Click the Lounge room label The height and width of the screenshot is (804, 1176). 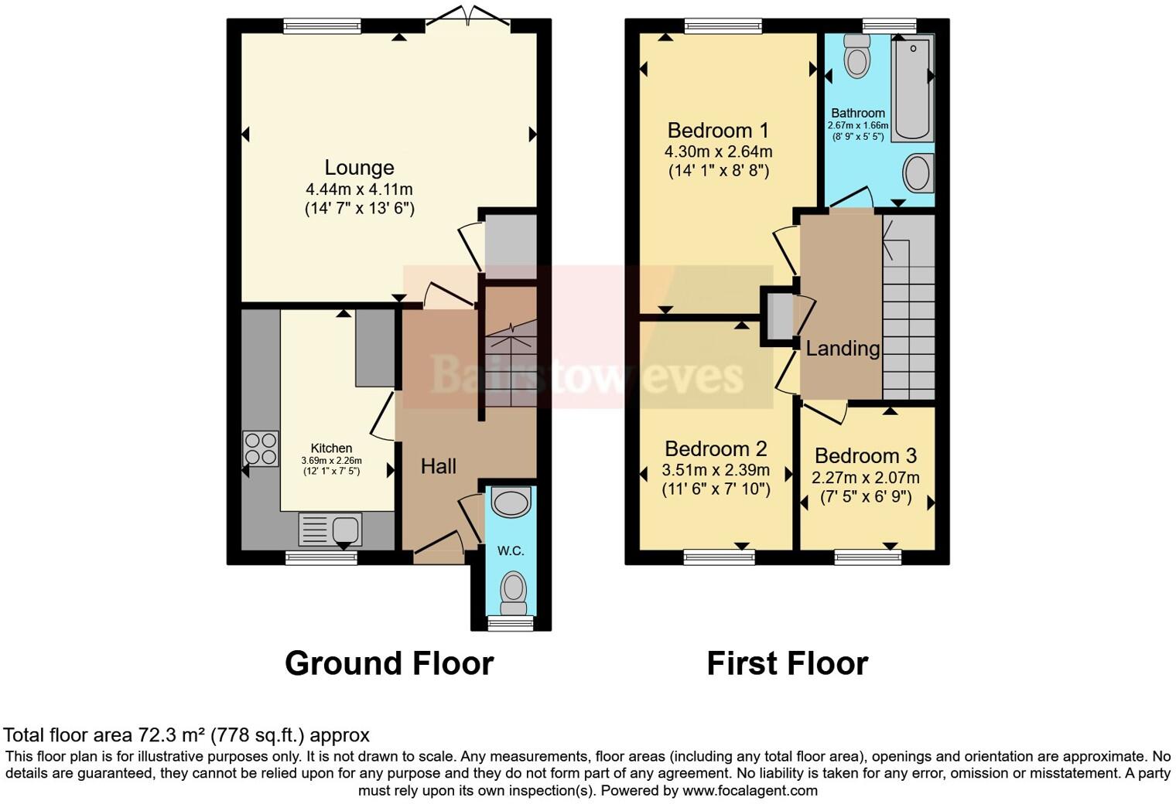[x=359, y=168]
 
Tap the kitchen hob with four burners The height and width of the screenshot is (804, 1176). [x=261, y=448]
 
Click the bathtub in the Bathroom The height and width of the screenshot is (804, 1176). [x=913, y=89]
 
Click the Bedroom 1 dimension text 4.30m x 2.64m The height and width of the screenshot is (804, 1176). [x=718, y=152]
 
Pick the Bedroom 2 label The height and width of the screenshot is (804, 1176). [x=716, y=448]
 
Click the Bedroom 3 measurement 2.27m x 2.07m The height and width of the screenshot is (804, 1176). [x=865, y=478]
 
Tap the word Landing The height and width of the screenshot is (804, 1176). [x=843, y=349]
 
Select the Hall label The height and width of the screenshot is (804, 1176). [x=438, y=466]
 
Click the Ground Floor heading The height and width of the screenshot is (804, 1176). [x=388, y=663]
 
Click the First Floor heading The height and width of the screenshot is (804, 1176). [x=787, y=663]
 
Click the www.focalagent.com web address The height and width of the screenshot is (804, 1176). [x=750, y=791]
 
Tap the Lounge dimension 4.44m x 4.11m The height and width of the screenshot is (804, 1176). [x=359, y=189]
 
